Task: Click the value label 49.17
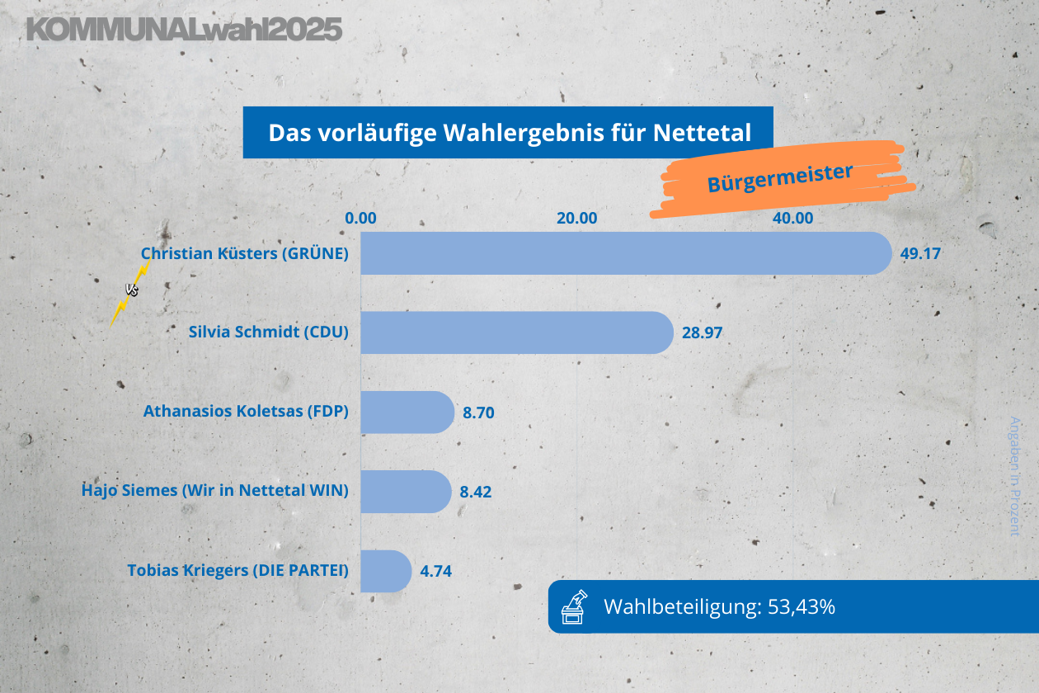pos(920,253)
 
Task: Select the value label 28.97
pos(703,333)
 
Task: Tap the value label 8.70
pos(478,412)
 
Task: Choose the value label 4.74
pos(436,571)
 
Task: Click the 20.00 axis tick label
pos(576,219)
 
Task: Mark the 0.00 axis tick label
pos(360,219)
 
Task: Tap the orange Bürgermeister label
pos(779,178)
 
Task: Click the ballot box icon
pos(574,606)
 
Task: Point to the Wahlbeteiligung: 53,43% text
pos(720,607)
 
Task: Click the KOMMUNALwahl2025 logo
pos(184,30)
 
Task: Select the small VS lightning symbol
pos(131,290)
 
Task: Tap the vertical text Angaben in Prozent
pos(1015,476)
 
